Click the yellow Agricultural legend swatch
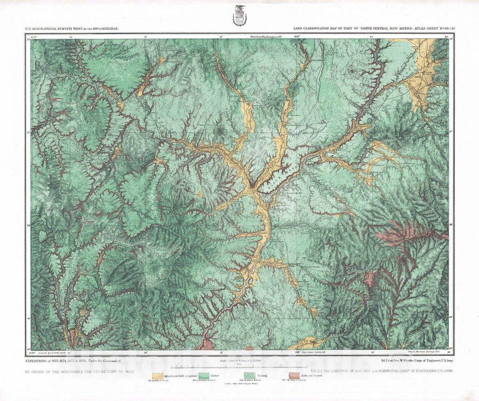(158, 376)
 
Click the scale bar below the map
(239, 366)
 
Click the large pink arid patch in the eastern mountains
(407, 232)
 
